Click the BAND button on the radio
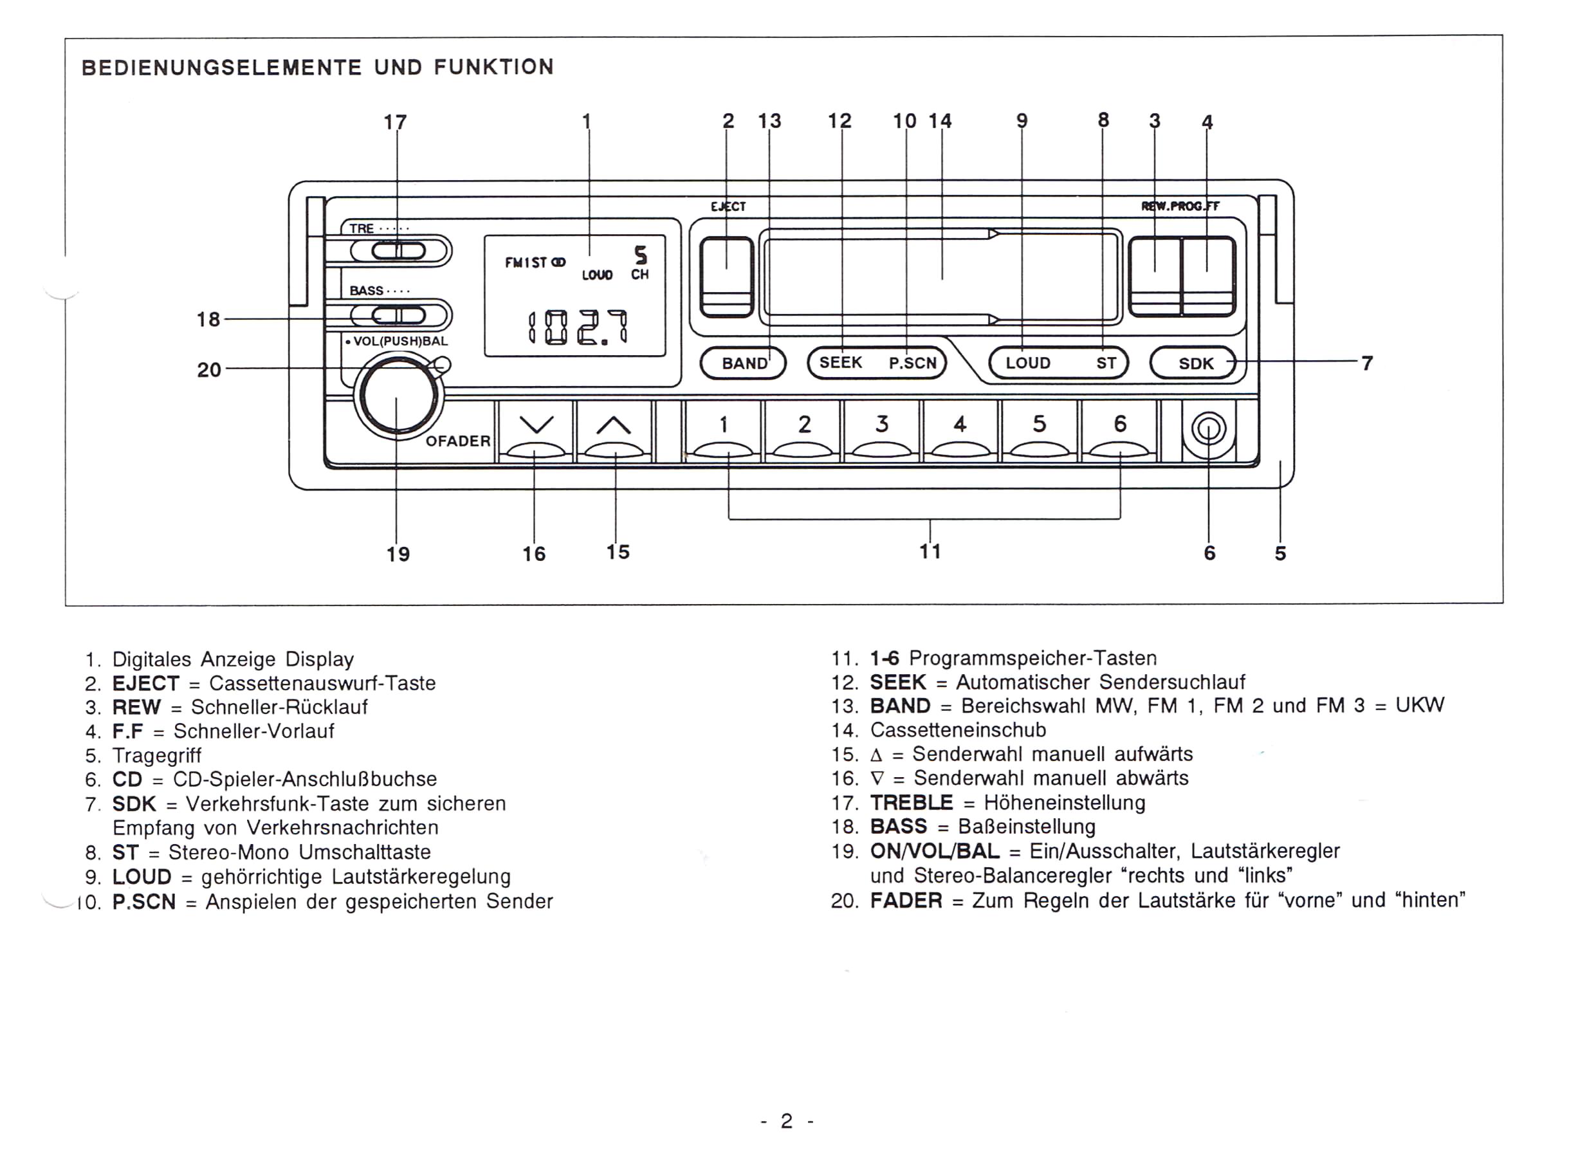pyautogui.click(x=743, y=363)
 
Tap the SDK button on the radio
pyautogui.click(x=1193, y=363)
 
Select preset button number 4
pyautogui.click(x=960, y=430)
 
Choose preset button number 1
pyautogui.click(x=724, y=430)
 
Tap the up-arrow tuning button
pyautogui.click(x=614, y=430)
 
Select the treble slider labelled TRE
pyautogui.click(x=398, y=250)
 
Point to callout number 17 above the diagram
pyautogui.click(x=396, y=122)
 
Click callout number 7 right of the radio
pyautogui.click(x=1366, y=363)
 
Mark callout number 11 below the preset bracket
pyautogui.click(x=930, y=551)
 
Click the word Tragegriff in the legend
pyautogui.click(x=157, y=756)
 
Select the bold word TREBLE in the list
pyautogui.click(x=912, y=802)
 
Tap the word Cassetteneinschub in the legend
pyautogui.click(x=958, y=729)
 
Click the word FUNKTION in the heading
pyautogui.click(x=494, y=68)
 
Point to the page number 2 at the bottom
pyautogui.click(x=787, y=1121)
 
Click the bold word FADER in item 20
pyautogui.click(x=906, y=900)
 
